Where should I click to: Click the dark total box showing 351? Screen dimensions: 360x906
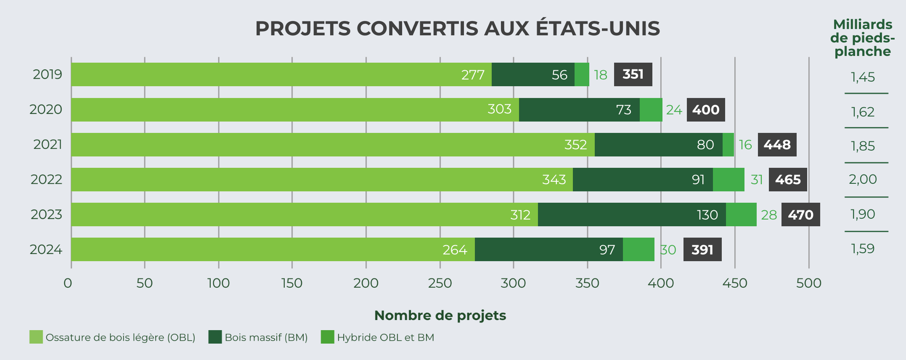tap(633, 74)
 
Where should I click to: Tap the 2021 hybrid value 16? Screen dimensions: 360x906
tap(745, 145)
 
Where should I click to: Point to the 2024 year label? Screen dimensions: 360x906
tap(46, 249)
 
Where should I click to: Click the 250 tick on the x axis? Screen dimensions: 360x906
tap(440, 283)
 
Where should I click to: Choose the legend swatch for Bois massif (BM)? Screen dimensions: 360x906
tap(215, 337)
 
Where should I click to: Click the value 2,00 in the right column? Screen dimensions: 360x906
tap(863, 179)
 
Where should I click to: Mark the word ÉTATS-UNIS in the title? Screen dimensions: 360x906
tap(598, 29)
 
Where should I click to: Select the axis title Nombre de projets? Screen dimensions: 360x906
tap(440, 315)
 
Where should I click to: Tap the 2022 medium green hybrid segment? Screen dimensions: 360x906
tap(729, 180)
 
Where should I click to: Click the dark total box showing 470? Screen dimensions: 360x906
tap(800, 214)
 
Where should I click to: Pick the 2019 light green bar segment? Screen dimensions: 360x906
tap(281, 74)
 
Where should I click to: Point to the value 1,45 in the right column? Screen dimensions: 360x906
tap(863, 77)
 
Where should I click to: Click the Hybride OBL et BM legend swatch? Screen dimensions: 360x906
tap(327, 337)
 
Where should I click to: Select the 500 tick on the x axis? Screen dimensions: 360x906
tap(808, 283)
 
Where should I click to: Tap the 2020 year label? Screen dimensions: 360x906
tap(46, 109)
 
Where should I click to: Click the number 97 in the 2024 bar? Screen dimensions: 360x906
tap(607, 250)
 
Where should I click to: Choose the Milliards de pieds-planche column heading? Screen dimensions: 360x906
tap(863, 38)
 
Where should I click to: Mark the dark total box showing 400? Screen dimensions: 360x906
tap(706, 110)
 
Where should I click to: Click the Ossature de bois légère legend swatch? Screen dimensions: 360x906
tap(36, 337)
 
